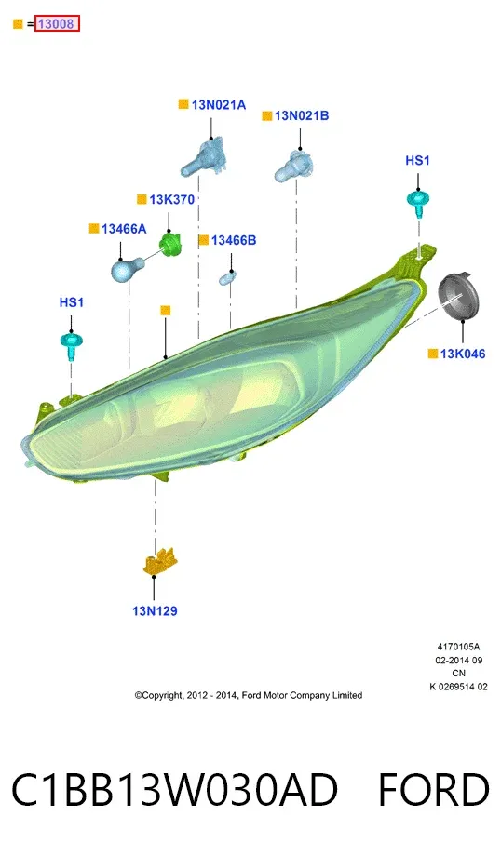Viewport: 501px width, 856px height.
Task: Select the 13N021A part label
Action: coord(219,105)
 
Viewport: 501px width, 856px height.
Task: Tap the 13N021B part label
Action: coord(302,115)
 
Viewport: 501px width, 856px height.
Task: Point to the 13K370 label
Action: coord(171,200)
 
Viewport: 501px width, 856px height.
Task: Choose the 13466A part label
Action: coord(124,229)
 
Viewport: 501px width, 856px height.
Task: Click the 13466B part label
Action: coord(234,240)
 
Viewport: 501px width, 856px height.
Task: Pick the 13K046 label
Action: coord(463,354)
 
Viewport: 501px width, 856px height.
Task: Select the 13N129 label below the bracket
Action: coord(155,611)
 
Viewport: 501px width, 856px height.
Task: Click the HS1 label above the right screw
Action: coord(417,160)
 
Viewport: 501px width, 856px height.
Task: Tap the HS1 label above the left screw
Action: coord(72,302)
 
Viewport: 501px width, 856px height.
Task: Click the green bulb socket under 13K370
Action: coord(169,244)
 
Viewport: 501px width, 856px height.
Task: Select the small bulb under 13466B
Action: coord(226,279)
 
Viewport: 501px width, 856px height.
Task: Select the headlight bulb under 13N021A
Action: coord(203,158)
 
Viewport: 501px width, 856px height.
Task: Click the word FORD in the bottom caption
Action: coord(433,789)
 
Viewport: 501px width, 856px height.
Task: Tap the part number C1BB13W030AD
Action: coord(175,789)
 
